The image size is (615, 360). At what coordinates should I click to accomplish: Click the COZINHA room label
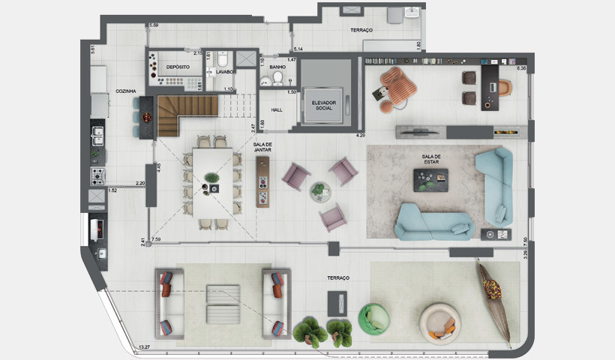pos(124,91)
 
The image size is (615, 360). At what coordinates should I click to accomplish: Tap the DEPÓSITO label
pos(178,67)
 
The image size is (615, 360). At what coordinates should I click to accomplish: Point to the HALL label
pos(276,109)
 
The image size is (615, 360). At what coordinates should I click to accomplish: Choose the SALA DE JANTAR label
pos(262,145)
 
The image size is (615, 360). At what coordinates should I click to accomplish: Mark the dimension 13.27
pos(146,347)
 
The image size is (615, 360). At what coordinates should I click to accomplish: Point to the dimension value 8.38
pos(522,69)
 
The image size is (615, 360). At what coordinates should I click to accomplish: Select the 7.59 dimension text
pos(157,240)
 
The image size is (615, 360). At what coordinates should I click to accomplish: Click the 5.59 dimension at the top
pos(154,25)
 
